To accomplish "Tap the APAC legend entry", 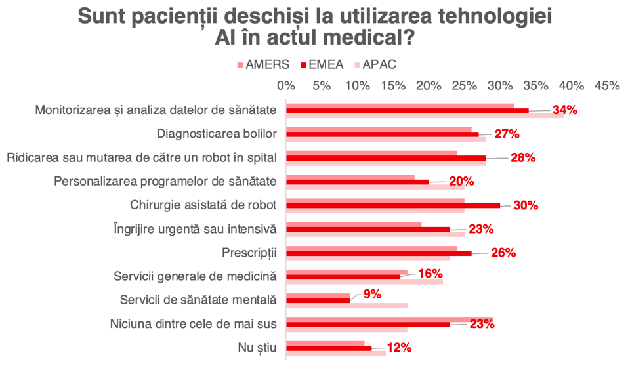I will click(379, 65).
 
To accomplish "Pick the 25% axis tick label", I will click(465, 85).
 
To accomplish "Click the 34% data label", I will click(564, 110).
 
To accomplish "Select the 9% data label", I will click(372, 294).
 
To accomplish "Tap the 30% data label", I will click(526, 205).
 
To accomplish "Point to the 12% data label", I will click(399, 348).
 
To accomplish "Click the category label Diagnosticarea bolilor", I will click(217, 134).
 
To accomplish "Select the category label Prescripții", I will click(250, 253).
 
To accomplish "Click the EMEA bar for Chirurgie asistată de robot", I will click(394, 205).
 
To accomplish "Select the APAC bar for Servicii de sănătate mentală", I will click(347, 306).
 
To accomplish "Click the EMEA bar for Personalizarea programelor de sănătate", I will click(358, 182).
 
